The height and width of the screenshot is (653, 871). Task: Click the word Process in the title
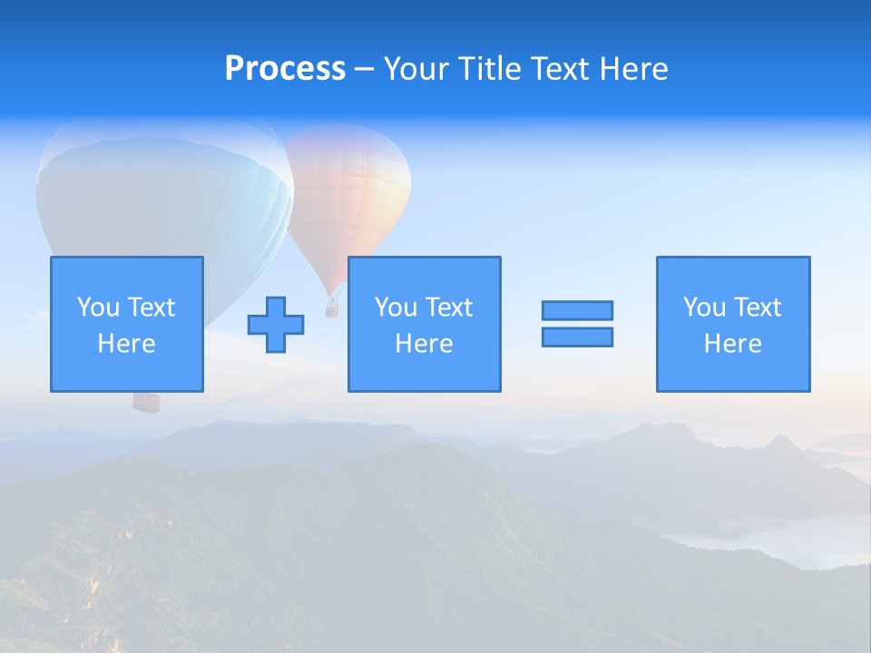pyautogui.click(x=285, y=69)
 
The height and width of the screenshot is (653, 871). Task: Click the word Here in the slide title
pyautogui.click(x=633, y=69)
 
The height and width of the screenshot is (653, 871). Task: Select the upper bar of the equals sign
pyautogui.click(x=577, y=310)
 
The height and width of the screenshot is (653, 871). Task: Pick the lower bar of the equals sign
pyautogui.click(x=577, y=336)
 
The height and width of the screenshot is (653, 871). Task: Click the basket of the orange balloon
pyautogui.click(x=332, y=308)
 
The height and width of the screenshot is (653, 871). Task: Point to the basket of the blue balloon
pyautogui.click(x=145, y=401)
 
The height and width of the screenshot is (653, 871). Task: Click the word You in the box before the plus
pyautogui.click(x=97, y=307)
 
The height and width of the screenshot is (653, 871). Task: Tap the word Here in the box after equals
pyautogui.click(x=733, y=344)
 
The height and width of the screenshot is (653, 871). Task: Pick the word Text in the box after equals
pyautogui.click(x=758, y=307)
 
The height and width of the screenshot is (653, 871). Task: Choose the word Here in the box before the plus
pyautogui.click(x=127, y=344)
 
